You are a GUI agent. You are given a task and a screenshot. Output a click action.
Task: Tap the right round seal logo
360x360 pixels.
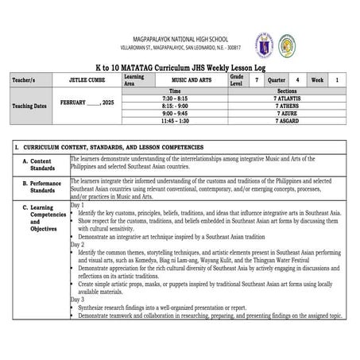(x=288, y=45)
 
